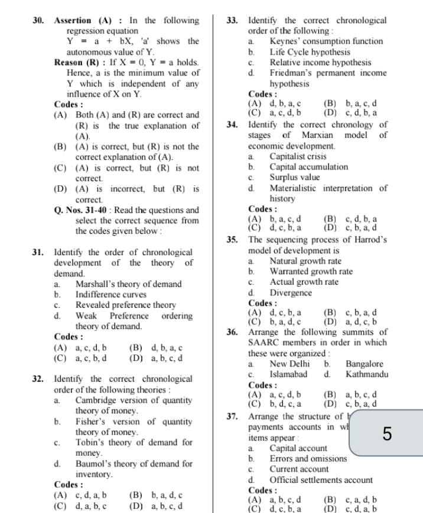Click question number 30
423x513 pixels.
click(x=39, y=21)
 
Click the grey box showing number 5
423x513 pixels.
click(x=386, y=434)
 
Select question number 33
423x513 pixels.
click(x=233, y=21)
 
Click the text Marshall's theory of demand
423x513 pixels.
click(x=128, y=284)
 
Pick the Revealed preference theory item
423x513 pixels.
click(x=126, y=305)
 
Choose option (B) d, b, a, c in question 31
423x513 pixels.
click(x=155, y=348)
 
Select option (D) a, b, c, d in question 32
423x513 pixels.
click(x=155, y=506)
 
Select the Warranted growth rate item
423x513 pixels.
click(x=311, y=272)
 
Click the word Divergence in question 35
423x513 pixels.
click(x=291, y=292)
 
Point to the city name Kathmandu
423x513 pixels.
click(x=366, y=374)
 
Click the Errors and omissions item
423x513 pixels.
click(x=308, y=459)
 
